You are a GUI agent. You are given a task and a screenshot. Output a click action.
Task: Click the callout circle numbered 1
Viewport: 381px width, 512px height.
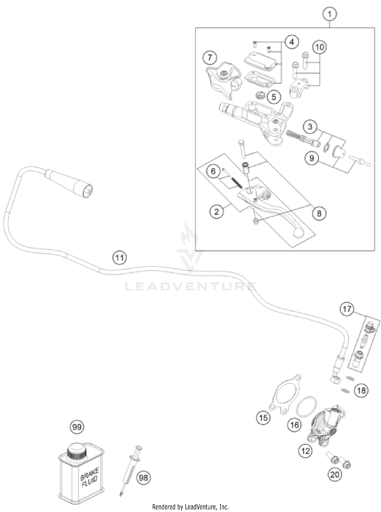tap(330, 14)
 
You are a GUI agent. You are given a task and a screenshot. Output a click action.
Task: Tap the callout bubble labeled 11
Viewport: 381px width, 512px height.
tap(120, 258)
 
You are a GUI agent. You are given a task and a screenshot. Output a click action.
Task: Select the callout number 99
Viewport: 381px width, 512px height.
tap(77, 427)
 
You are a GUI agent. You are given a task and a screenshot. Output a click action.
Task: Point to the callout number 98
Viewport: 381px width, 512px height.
tap(144, 478)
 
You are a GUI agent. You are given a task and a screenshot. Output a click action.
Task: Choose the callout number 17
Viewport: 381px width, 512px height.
tap(347, 309)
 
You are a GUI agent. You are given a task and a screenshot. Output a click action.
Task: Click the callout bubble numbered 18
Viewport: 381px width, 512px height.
tap(361, 390)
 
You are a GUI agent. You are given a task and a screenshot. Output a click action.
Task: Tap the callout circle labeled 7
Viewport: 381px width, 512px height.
tap(210, 57)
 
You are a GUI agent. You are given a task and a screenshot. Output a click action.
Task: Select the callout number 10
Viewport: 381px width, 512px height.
tap(320, 47)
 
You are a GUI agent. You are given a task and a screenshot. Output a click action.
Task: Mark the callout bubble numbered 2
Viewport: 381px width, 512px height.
tap(216, 211)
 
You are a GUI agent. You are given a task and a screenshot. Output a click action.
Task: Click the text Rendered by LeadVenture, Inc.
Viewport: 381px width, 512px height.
tap(190, 507)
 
